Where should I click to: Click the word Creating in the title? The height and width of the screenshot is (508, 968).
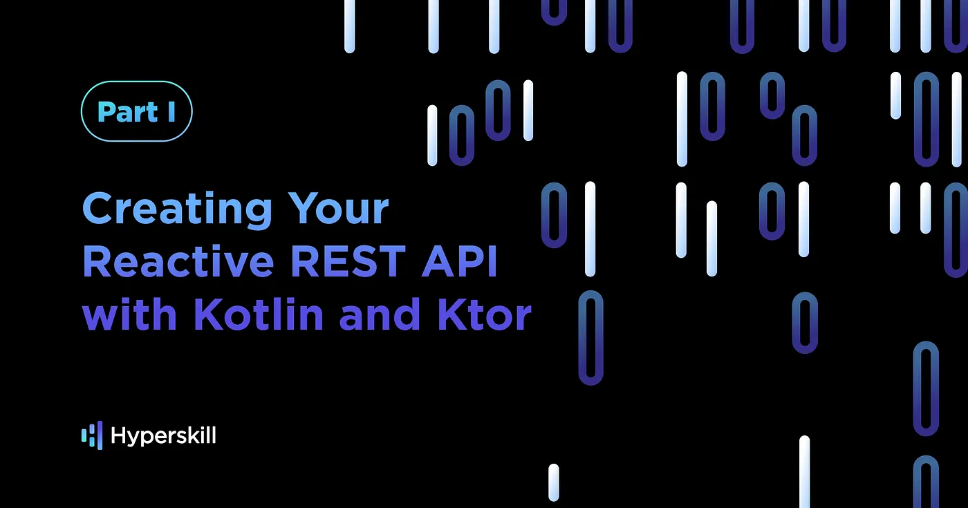[x=177, y=209]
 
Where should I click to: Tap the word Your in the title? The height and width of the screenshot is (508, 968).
[x=338, y=208]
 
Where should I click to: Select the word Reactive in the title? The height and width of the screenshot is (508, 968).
[x=178, y=261]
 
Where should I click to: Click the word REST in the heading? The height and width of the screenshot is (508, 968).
[x=348, y=261]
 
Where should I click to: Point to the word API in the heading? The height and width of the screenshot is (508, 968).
[x=460, y=261]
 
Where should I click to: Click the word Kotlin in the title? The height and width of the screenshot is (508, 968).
[x=259, y=314]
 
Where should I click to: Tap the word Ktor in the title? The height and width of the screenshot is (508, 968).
[x=485, y=314]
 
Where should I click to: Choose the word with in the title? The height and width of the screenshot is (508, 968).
[x=129, y=314]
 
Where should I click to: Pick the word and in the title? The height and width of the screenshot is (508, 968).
[x=380, y=314]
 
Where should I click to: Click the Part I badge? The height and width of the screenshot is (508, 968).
[x=137, y=111]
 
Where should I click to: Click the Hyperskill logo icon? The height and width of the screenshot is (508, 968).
[x=92, y=435]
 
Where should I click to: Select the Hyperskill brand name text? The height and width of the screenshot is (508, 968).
[x=163, y=435]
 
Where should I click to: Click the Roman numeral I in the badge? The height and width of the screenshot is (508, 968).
[x=171, y=112]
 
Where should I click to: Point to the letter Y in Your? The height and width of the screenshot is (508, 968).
[x=304, y=208]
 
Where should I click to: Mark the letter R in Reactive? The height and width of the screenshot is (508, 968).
[x=97, y=261]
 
